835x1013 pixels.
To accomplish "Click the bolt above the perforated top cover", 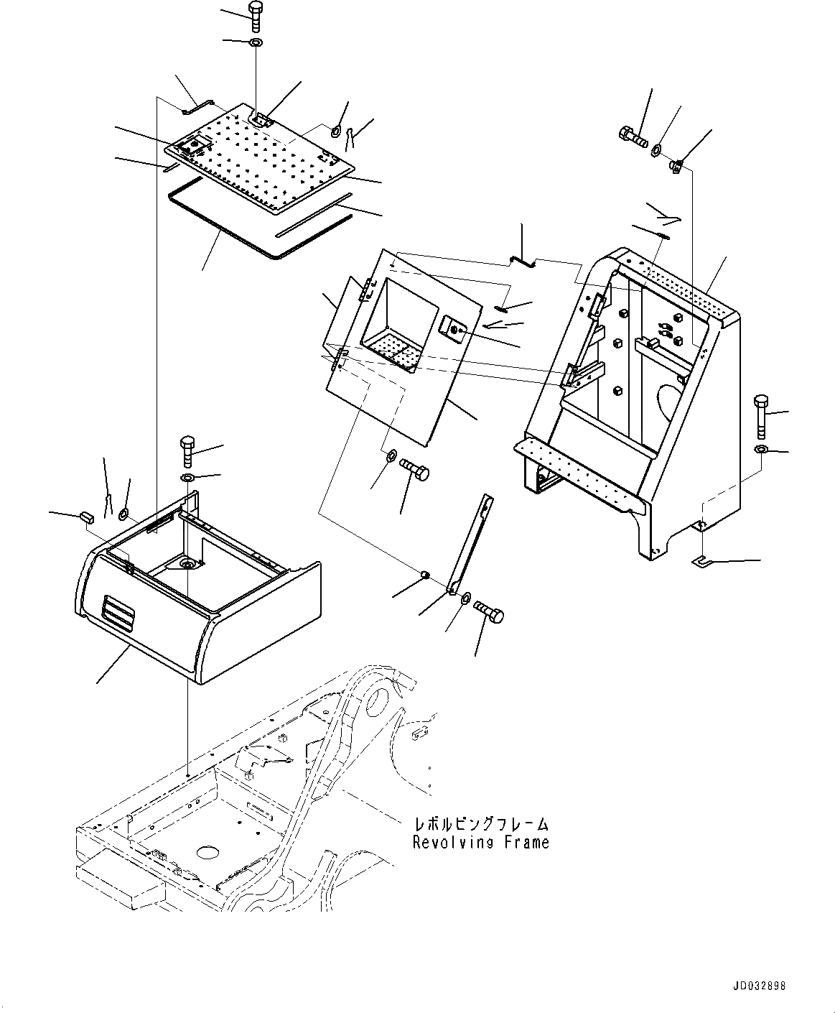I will pos(256,16).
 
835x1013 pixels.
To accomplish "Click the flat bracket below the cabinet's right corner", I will pos(701,560).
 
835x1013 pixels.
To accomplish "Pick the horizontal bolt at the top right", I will pos(632,135).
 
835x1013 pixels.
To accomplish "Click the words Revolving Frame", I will pos(480,842).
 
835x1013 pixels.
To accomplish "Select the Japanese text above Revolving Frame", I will pos(480,824).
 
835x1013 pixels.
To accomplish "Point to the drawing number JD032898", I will pos(760,986).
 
